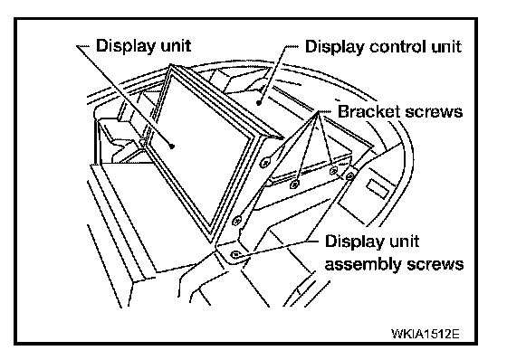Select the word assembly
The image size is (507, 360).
point(363,265)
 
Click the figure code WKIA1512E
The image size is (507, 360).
point(425,333)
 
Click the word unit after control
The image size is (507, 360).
point(446,46)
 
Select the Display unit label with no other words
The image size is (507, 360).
point(143,45)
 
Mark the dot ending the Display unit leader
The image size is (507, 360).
point(172,146)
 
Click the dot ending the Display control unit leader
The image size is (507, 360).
point(259,103)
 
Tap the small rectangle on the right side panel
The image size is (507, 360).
point(377,189)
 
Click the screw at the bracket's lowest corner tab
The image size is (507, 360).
point(235,254)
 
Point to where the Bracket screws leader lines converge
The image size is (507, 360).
point(319,112)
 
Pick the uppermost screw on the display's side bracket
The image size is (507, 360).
point(265,162)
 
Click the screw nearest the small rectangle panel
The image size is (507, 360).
point(349,175)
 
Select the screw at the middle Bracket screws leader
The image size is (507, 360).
point(333,170)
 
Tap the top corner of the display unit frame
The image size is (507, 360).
point(170,65)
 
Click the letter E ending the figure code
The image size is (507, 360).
point(455,333)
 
